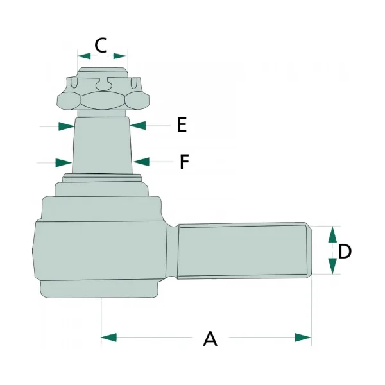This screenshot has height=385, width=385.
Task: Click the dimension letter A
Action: tap(210, 339)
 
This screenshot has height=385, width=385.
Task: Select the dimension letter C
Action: tap(101, 45)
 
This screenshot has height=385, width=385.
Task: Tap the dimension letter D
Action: tap(345, 252)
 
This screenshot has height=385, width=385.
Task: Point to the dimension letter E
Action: tap(182, 124)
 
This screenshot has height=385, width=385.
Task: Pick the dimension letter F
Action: tap(184, 162)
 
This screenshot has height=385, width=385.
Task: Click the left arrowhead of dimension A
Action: tap(109, 338)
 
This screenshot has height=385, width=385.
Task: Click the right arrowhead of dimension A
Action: tap(304, 338)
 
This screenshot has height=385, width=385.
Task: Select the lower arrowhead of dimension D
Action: tap(332, 266)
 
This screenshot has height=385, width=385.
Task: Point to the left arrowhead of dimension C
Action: tap(84, 56)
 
